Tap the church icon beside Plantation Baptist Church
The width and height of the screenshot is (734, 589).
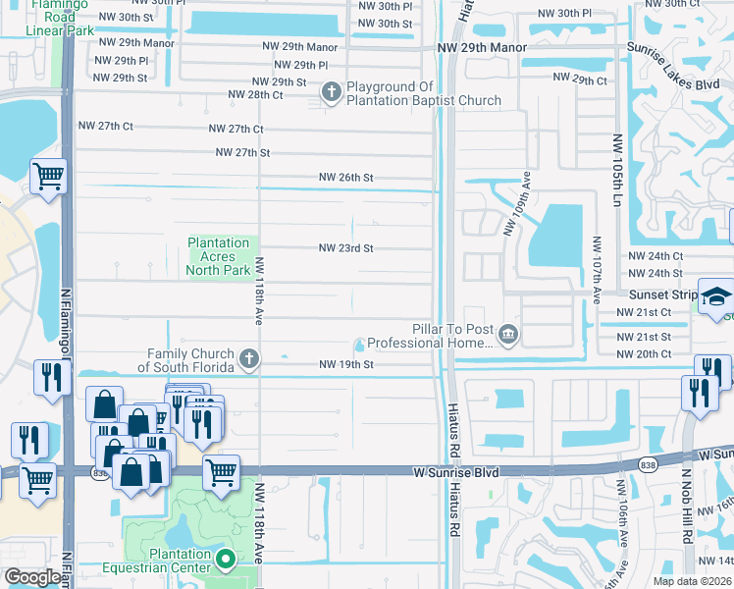(332, 92)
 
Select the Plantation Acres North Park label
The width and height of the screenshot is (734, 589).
(219, 256)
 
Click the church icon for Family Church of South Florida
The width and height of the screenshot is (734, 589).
(249, 359)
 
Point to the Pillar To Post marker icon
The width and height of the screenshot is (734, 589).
(507, 336)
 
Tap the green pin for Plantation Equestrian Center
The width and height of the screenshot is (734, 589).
(226, 561)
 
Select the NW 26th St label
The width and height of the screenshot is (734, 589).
(346, 178)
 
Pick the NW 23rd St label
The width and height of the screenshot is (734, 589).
(345, 248)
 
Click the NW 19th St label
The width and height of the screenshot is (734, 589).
(346, 364)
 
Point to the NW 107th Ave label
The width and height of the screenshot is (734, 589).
(596, 265)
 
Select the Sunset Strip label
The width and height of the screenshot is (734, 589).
(662, 294)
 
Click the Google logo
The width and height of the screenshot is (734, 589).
(32, 577)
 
